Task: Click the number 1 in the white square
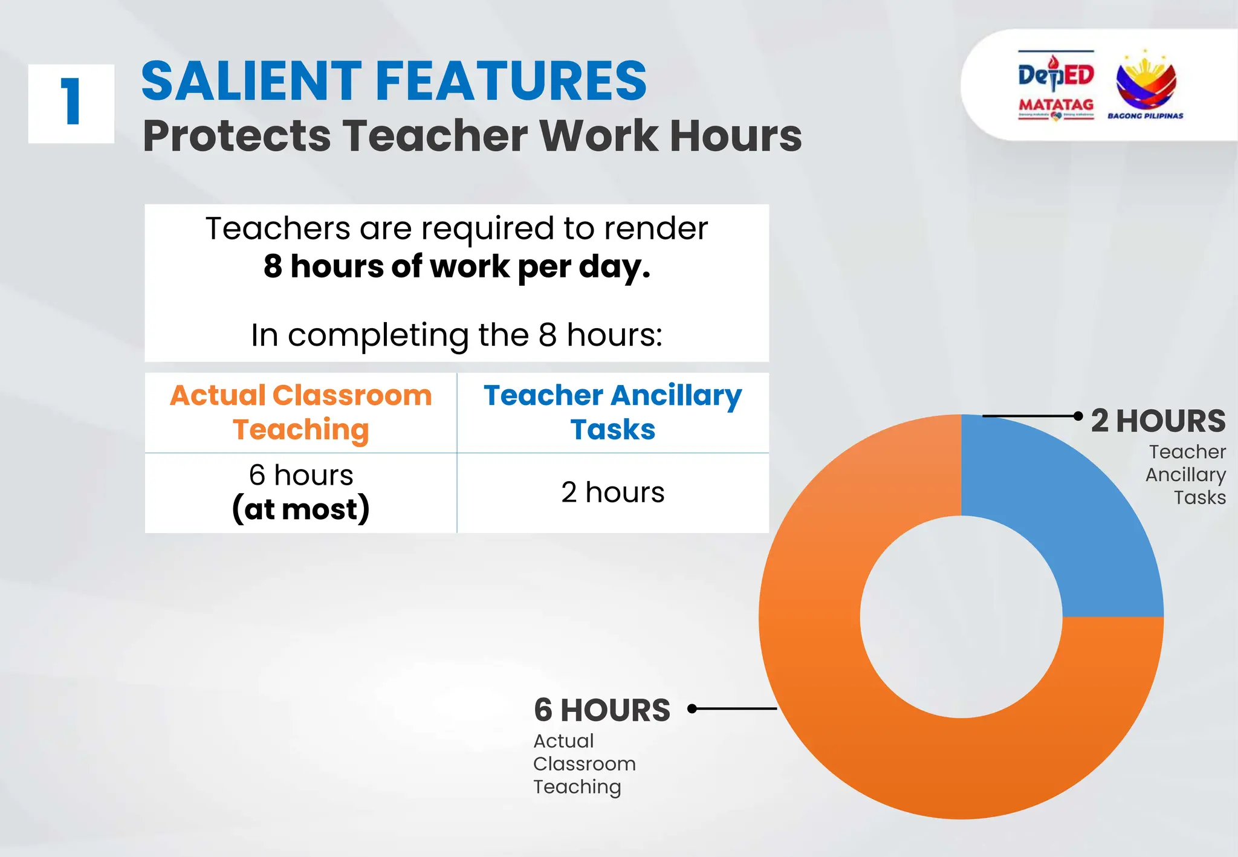click(x=71, y=103)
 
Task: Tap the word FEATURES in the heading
click(x=511, y=81)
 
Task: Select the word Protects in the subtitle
click(x=236, y=136)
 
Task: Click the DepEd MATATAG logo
click(x=1056, y=86)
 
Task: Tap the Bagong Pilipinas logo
click(x=1145, y=85)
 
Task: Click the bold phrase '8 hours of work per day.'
click(x=457, y=267)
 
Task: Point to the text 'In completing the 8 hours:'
click(x=457, y=335)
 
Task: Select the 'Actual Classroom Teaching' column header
click(x=300, y=412)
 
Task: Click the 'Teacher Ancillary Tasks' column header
click(x=612, y=412)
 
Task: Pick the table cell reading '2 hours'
click(x=612, y=492)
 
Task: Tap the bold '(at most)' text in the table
click(x=300, y=509)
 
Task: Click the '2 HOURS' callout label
click(x=1158, y=421)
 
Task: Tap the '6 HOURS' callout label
click(x=602, y=710)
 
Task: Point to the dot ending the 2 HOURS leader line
click(x=1078, y=416)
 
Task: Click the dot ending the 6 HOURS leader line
click(x=693, y=708)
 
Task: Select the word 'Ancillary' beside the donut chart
click(x=1185, y=474)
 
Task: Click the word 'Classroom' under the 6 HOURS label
click(x=584, y=764)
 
